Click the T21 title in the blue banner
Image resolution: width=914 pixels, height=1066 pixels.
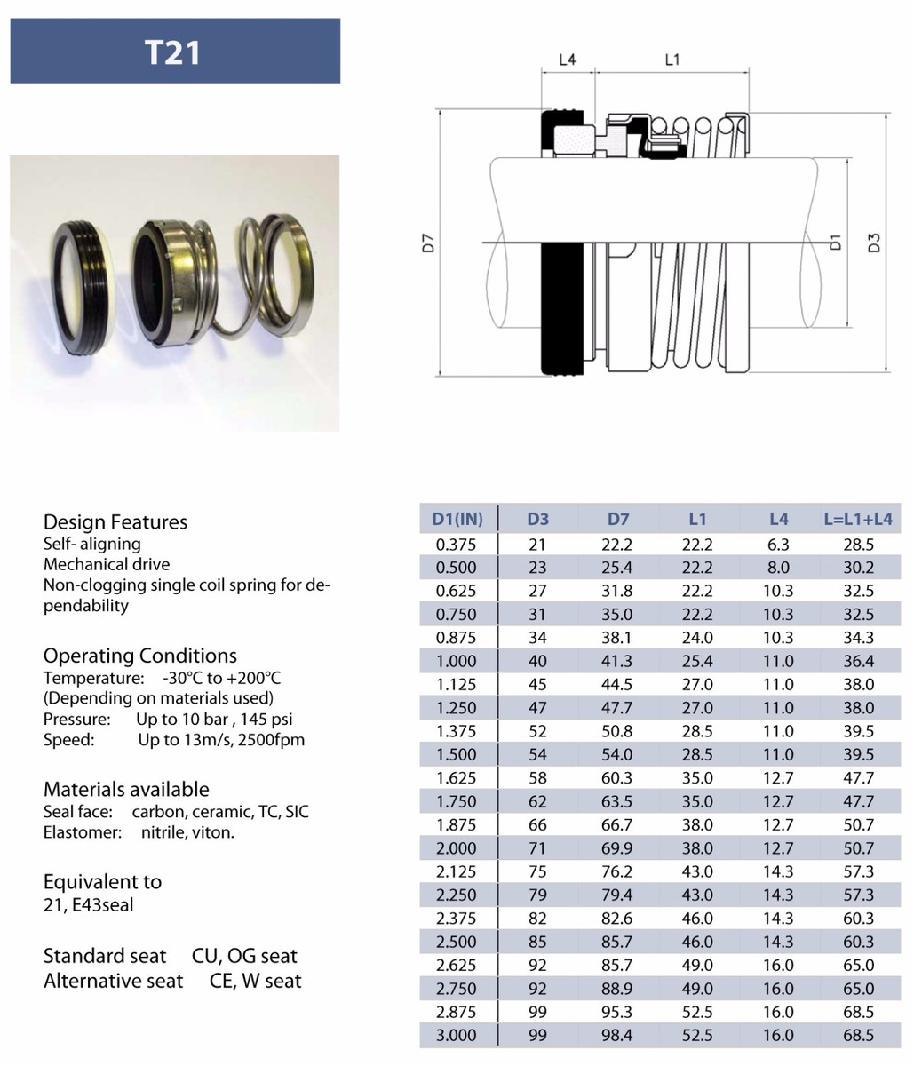pyautogui.click(x=173, y=52)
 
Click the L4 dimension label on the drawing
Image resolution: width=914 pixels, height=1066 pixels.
pyautogui.click(x=567, y=60)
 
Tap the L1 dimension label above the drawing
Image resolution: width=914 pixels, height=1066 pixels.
pyautogui.click(x=672, y=60)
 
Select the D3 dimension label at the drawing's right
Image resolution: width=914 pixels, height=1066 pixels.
pyautogui.click(x=874, y=242)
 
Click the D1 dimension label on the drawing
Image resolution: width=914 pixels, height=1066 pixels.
pyautogui.click(x=834, y=242)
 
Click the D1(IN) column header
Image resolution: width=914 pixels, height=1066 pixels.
pyautogui.click(x=457, y=519)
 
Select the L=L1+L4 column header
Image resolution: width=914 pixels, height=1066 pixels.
pyautogui.click(x=858, y=519)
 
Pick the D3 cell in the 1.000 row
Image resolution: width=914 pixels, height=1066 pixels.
pyautogui.click(x=537, y=661)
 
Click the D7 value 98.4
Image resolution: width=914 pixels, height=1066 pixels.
pyautogui.click(x=618, y=1035)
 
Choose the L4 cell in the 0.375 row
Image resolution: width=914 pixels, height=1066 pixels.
pyautogui.click(x=778, y=545)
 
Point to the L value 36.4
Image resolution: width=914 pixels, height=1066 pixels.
pyautogui.click(x=858, y=661)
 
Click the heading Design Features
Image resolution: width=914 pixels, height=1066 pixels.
pyautogui.click(x=115, y=521)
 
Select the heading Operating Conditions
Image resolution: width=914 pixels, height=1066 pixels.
pyautogui.click(x=140, y=656)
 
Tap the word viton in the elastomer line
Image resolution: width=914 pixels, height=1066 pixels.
pyautogui.click(x=213, y=832)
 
